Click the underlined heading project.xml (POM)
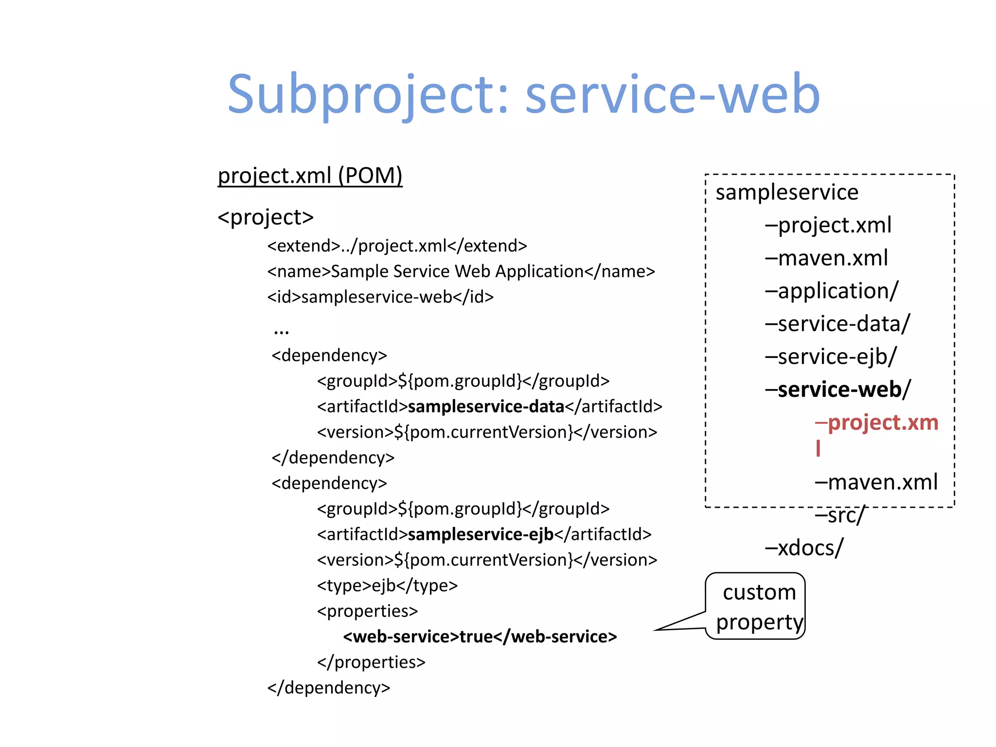point(310,176)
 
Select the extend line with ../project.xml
point(397,246)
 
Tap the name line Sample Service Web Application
point(461,271)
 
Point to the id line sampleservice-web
point(380,297)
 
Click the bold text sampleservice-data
point(486,407)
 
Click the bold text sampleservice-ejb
point(480,534)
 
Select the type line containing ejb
point(387,586)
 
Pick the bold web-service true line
point(480,637)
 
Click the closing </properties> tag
point(371,662)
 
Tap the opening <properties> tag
point(367,611)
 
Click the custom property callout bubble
point(758,606)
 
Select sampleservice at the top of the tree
point(786,193)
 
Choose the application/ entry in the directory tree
point(832,291)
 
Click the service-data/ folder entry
point(837,324)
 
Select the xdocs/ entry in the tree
point(804,548)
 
